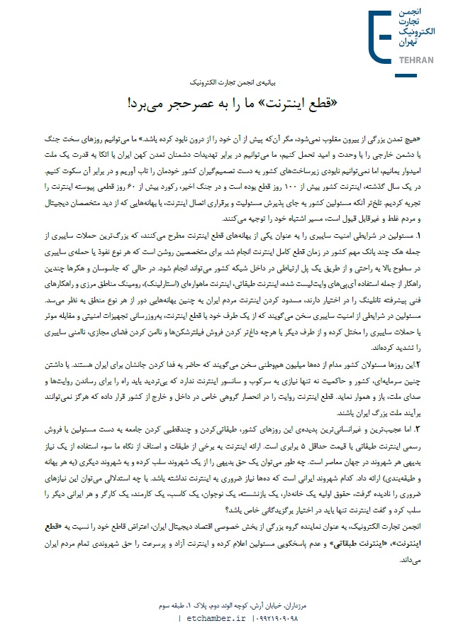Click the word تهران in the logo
tap(422, 43)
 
